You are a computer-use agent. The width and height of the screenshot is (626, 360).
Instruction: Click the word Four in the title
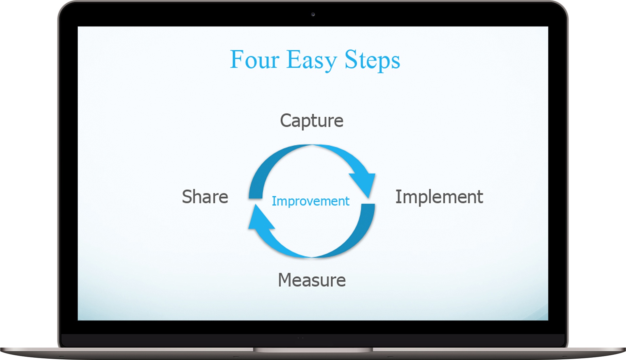(x=255, y=59)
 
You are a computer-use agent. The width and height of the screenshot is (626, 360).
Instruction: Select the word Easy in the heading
(x=312, y=61)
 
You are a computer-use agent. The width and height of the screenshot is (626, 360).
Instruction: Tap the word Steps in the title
(x=372, y=61)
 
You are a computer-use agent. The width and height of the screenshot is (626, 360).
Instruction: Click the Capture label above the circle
(x=312, y=121)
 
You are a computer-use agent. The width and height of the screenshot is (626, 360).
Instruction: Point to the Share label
(x=205, y=197)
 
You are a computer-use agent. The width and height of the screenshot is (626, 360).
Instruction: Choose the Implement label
(x=439, y=197)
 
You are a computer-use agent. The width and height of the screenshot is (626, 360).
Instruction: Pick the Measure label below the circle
(x=312, y=280)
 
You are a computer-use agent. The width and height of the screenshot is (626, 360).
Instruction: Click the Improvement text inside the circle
(x=310, y=201)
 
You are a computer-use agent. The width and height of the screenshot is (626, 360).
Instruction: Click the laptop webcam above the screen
(x=313, y=14)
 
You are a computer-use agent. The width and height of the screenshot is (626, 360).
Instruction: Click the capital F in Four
(x=237, y=59)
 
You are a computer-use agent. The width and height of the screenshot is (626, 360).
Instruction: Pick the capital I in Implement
(x=398, y=197)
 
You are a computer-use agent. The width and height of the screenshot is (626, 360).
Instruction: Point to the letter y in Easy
(x=331, y=64)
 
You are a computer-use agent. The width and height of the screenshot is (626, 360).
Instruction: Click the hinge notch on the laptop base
(x=313, y=350)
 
